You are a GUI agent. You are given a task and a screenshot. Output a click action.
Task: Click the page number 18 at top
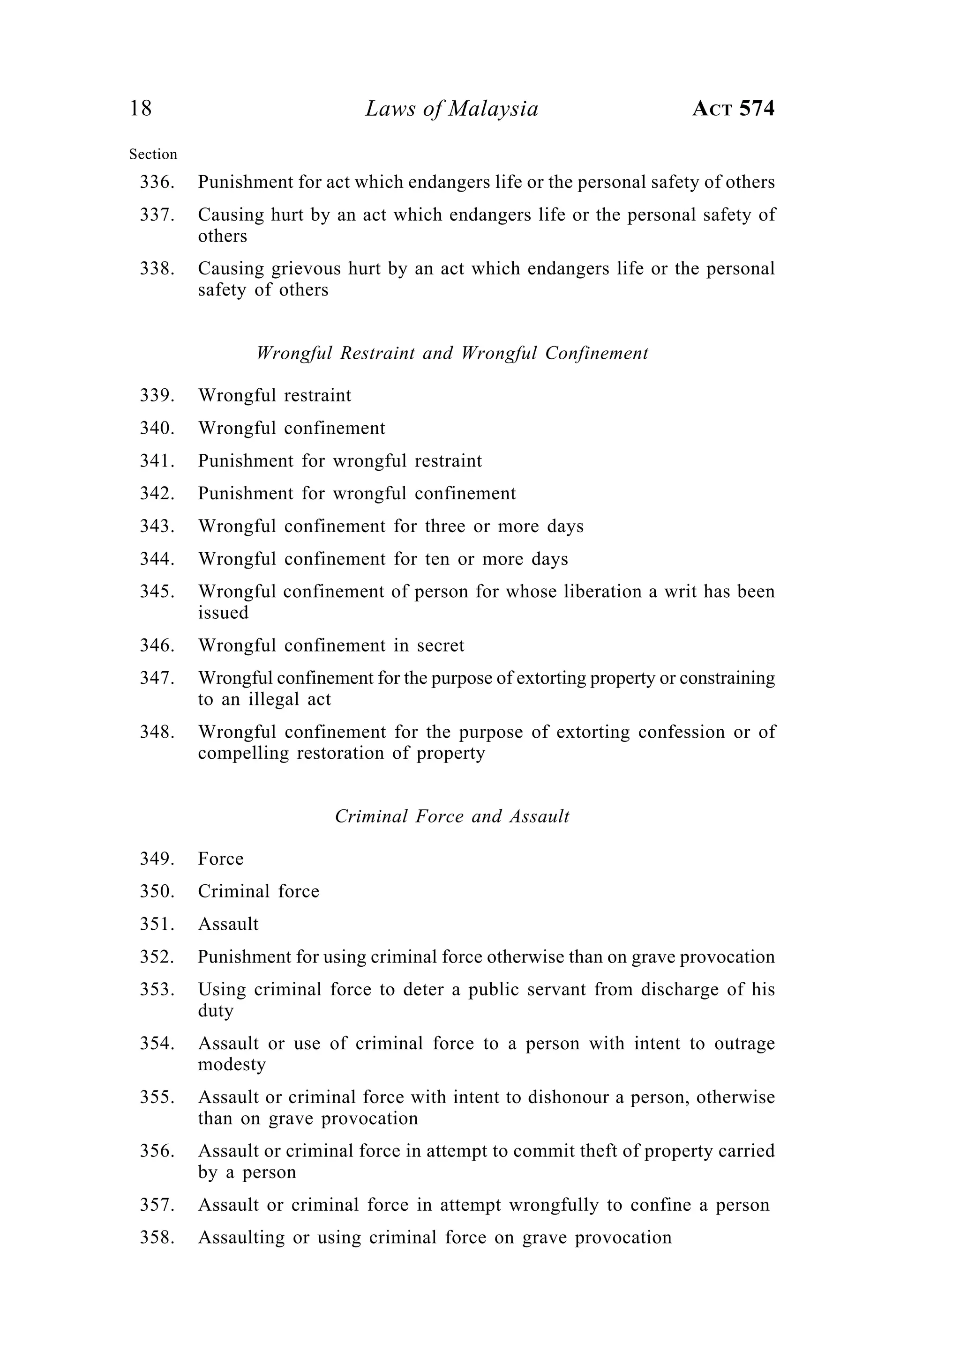click(x=141, y=109)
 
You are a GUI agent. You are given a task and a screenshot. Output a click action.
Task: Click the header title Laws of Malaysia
click(x=451, y=109)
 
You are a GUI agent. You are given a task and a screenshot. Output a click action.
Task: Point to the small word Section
click(x=153, y=155)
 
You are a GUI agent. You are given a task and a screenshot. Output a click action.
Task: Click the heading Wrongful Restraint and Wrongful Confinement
click(x=452, y=353)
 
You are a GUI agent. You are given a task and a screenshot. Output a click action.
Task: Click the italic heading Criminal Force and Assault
click(x=452, y=816)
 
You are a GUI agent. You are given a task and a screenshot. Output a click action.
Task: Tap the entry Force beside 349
click(x=221, y=859)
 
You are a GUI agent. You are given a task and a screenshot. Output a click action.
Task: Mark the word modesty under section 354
click(x=232, y=1065)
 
